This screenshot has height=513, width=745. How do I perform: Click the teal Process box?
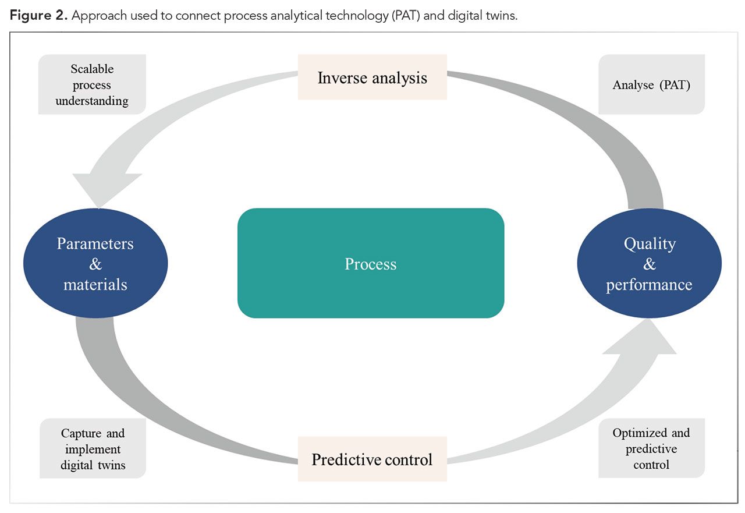[370, 263]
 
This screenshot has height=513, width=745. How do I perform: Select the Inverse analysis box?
[372, 77]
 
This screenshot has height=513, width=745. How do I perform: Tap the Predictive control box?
[372, 459]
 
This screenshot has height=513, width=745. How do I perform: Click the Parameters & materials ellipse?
[95, 263]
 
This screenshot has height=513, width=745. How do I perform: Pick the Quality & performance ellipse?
[649, 263]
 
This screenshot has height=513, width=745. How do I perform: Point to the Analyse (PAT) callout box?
[651, 85]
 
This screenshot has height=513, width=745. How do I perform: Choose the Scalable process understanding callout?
[92, 85]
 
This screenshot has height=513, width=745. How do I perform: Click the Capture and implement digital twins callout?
[93, 449]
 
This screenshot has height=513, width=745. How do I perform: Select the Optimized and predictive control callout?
[651, 448]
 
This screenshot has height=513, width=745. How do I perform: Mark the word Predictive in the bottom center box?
[342, 459]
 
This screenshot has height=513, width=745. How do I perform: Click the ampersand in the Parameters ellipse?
[95, 264]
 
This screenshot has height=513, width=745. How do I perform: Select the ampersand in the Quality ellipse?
[649, 264]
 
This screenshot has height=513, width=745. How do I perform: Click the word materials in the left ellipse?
[95, 284]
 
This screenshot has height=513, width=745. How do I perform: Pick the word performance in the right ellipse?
[649, 285]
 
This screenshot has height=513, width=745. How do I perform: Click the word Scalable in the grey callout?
[92, 69]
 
